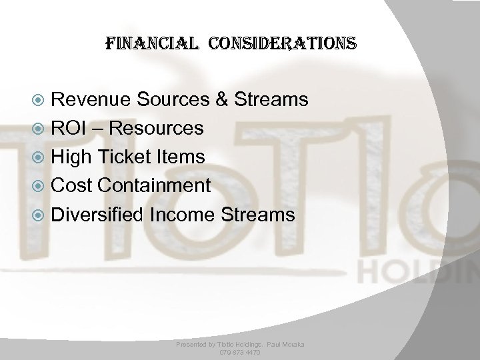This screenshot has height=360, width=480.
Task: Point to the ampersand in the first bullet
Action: [x=220, y=100]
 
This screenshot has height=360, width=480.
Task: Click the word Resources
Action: [x=157, y=129]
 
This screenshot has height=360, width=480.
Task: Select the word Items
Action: [x=183, y=157]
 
